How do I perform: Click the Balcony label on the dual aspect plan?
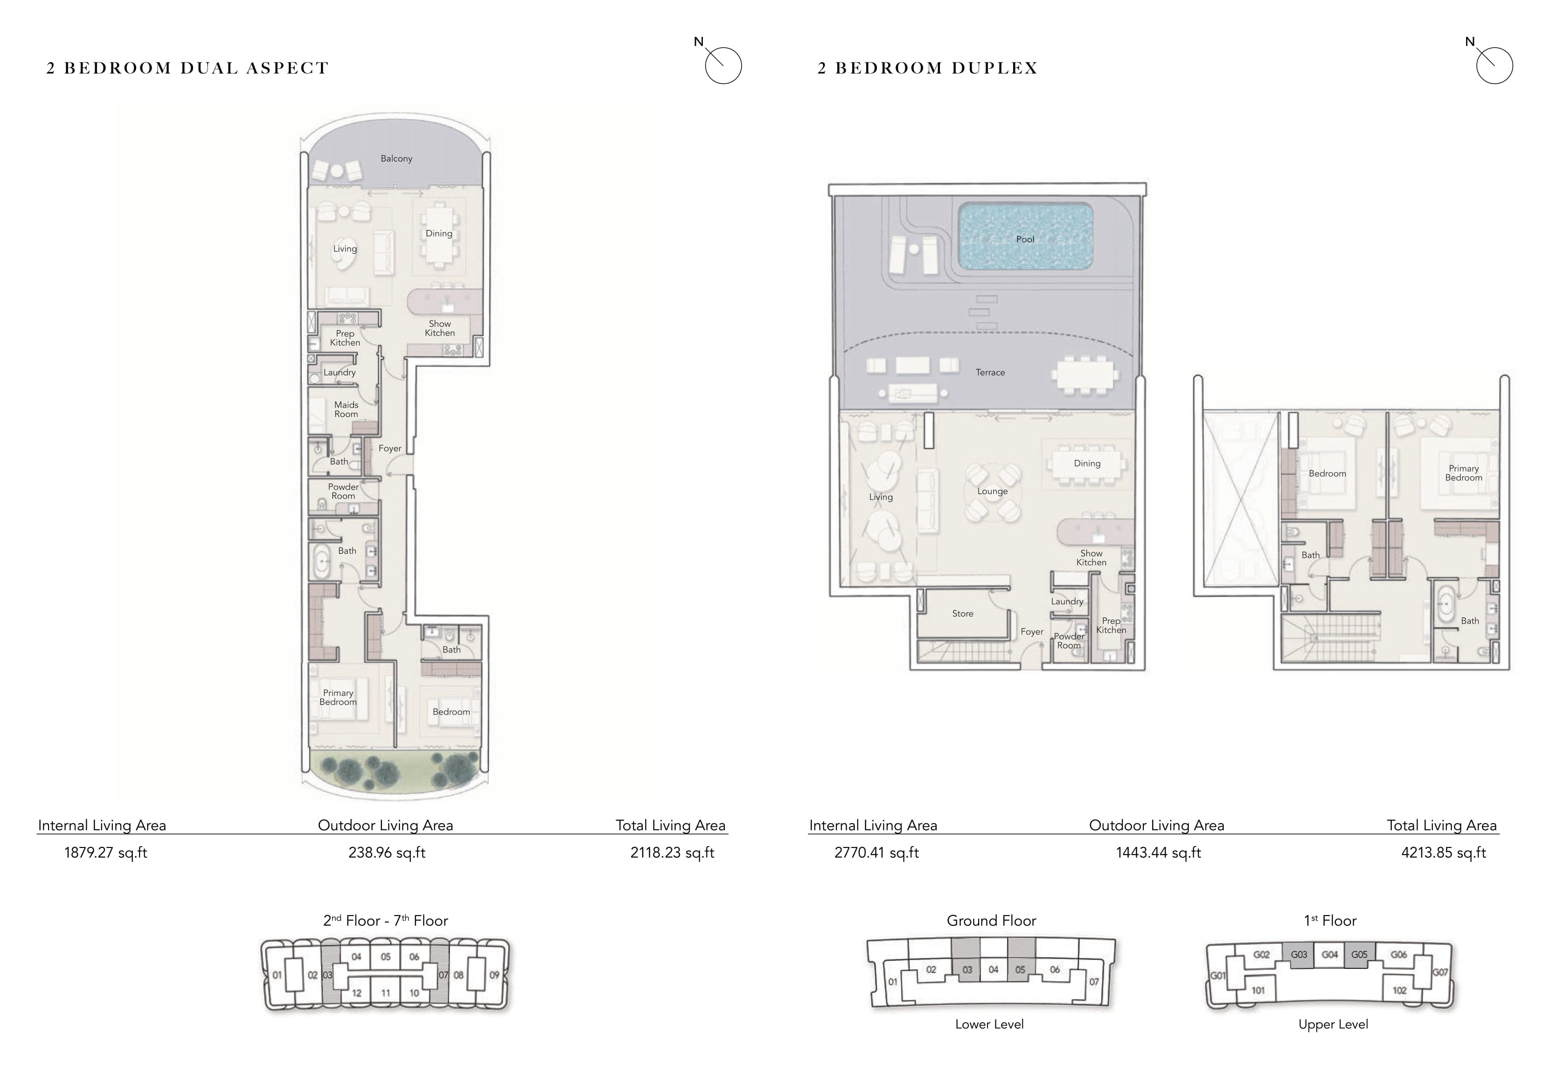[x=396, y=159]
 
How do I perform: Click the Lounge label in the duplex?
[x=993, y=491]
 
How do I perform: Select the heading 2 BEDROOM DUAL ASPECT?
[x=188, y=68]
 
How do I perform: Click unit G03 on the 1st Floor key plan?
[x=1299, y=954]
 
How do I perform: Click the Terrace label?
[x=990, y=372]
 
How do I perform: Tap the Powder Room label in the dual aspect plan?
[x=343, y=491]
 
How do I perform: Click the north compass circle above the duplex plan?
[x=1494, y=66]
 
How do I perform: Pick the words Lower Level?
[x=989, y=1024]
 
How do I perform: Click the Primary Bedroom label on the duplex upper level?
[x=1464, y=473]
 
